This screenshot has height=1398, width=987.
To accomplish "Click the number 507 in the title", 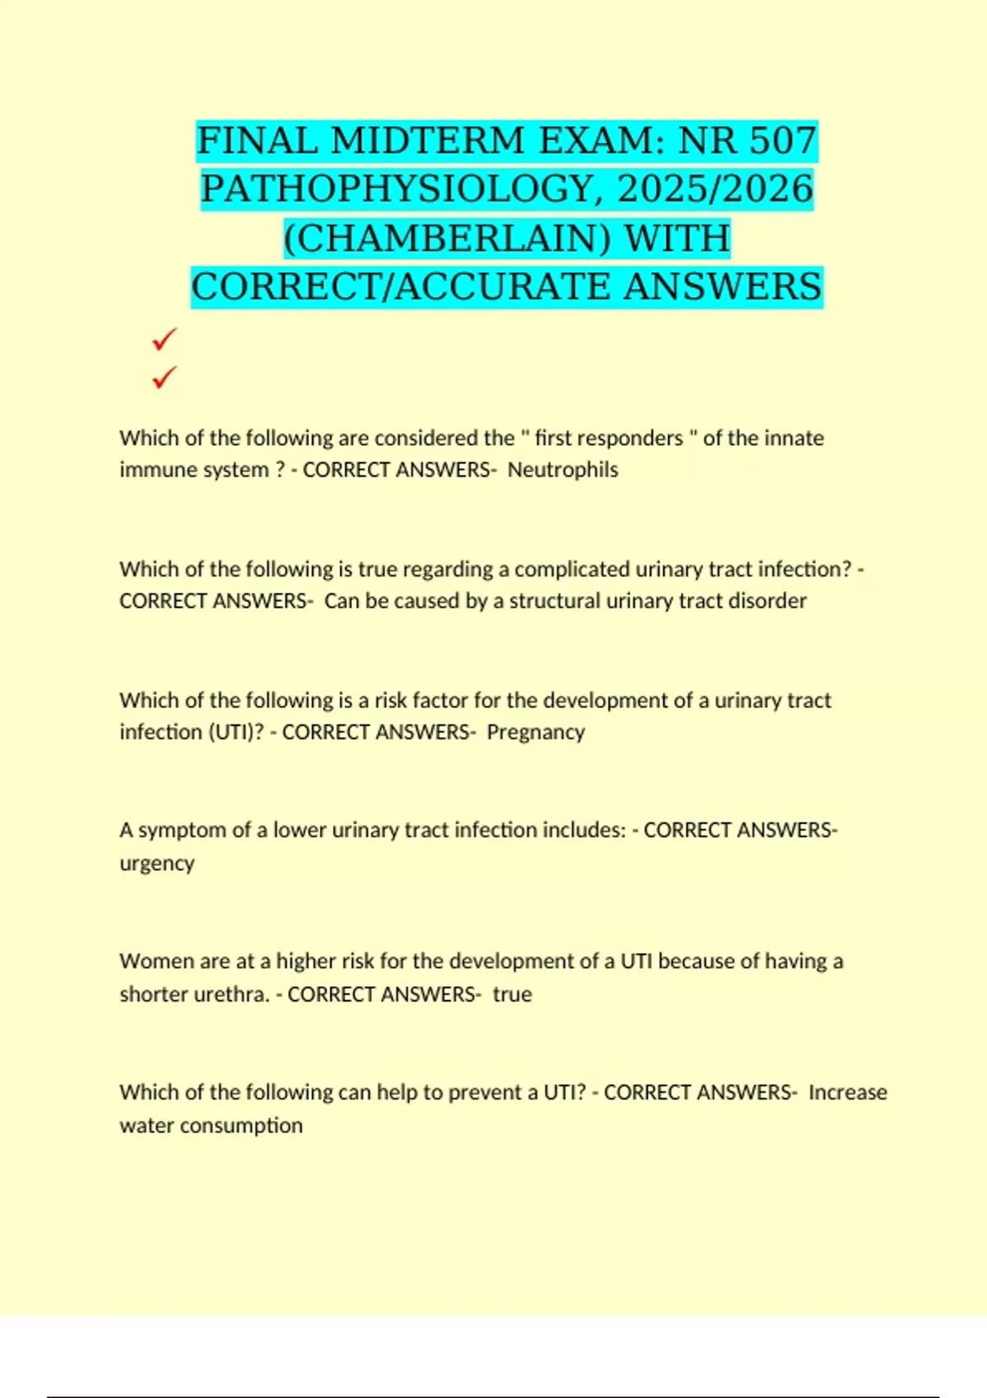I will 781,141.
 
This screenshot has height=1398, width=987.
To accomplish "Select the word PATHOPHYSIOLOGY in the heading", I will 397,189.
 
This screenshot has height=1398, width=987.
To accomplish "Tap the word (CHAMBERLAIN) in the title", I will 447,238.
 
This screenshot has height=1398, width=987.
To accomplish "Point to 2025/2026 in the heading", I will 715,189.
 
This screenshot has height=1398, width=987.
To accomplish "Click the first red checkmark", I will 164,339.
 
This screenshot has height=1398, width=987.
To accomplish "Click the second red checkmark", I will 164,377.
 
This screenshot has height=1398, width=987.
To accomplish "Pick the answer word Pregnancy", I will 535,732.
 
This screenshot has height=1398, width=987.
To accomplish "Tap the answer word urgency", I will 157,863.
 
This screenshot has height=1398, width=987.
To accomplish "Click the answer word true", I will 512,994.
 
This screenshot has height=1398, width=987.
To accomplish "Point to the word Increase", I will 847,1092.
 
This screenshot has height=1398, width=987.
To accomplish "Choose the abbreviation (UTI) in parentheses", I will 233,732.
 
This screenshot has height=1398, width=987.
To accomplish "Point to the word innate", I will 794,437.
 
